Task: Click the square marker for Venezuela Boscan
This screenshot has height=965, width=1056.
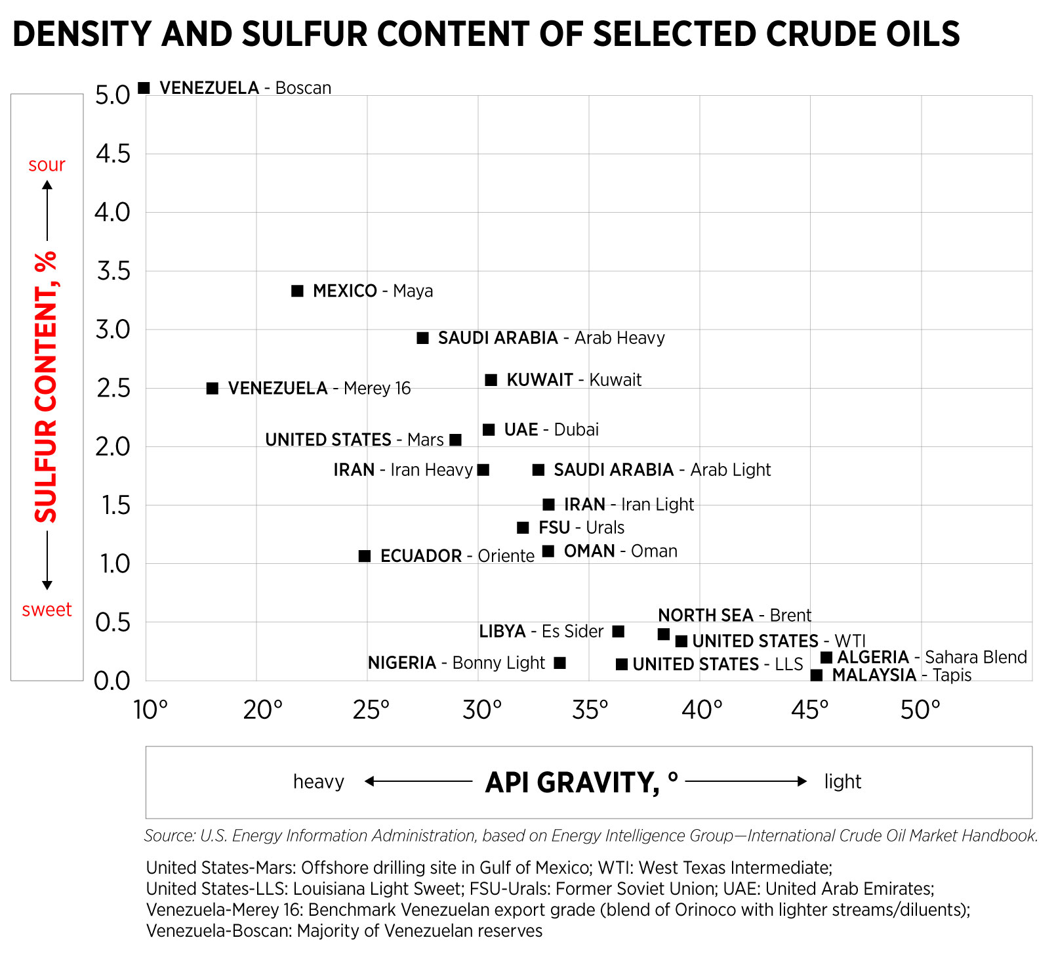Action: point(144,87)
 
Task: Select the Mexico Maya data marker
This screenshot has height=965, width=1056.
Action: point(297,291)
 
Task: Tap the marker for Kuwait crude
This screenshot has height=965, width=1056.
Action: point(491,380)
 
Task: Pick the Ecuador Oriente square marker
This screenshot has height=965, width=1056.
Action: point(365,556)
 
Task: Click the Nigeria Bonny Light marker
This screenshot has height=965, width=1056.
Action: point(559,663)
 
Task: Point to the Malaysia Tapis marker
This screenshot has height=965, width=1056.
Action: point(817,675)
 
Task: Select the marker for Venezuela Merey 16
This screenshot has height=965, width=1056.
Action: point(213,389)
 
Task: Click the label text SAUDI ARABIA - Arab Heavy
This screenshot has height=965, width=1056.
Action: point(551,338)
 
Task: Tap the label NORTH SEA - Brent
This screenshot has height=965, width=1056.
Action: point(734,615)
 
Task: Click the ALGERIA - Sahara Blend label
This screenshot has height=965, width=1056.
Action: point(931,657)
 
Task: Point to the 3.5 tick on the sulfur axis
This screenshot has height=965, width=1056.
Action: point(113,271)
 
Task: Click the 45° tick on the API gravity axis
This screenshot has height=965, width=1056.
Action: point(809,710)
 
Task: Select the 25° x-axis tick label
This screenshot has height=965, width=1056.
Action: point(371,710)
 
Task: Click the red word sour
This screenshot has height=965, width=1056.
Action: point(47,165)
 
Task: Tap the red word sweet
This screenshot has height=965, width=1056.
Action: point(47,610)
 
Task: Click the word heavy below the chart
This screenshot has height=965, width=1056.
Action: point(318,782)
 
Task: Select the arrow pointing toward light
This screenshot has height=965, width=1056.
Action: point(746,781)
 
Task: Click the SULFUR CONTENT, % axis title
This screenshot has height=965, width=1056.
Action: point(47,387)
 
